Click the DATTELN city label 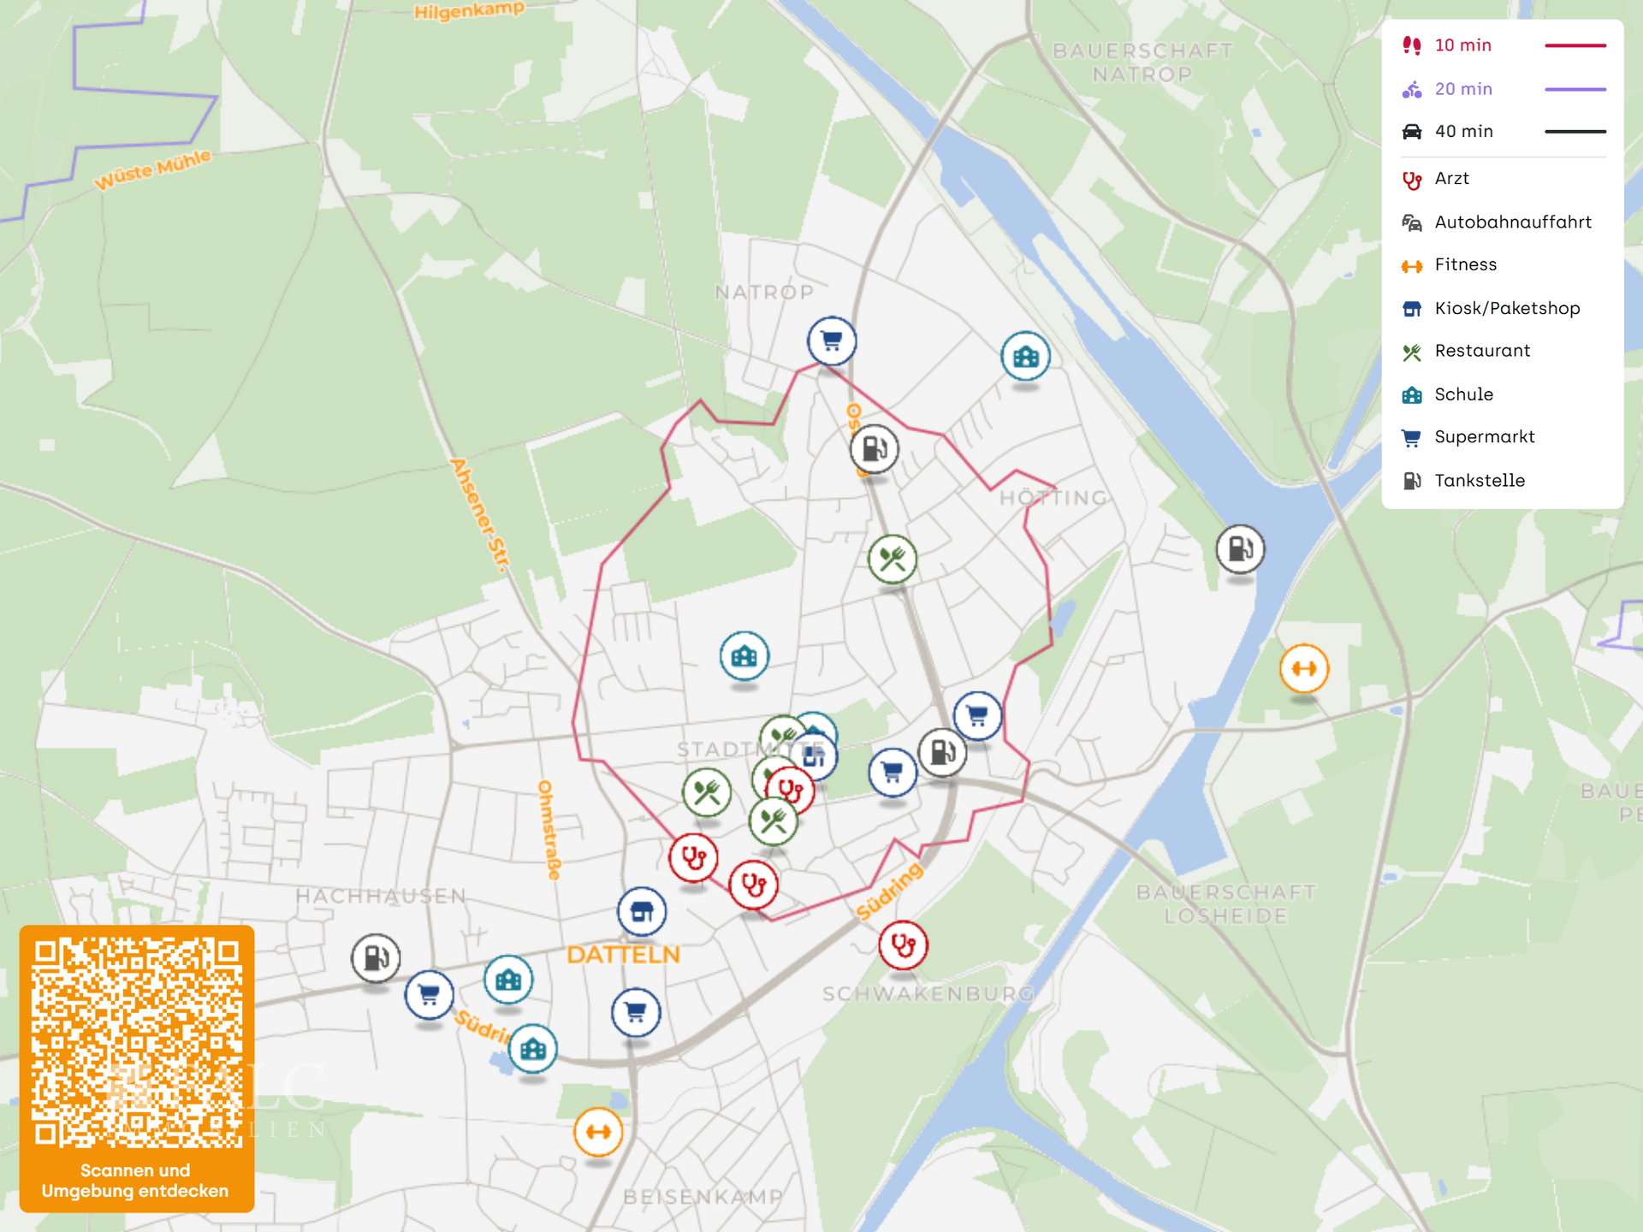(x=623, y=955)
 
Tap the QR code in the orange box (x=137, y=1042)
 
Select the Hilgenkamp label (x=469, y=10)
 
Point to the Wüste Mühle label (x=152, y=169)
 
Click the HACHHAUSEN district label (x=381, y=896)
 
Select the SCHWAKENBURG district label (x=928, y=994)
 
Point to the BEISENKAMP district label (x=703, y=1196)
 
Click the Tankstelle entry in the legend (x=1479, y=481)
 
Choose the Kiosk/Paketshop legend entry (x=1506, y=308)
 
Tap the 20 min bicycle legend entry (x=1462, y=89)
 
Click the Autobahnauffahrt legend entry (x=1512, y=222)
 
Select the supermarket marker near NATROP (x=831, y=341)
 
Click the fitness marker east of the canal (x=1303, y=668)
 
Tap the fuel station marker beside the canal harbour (x=1240, y=548)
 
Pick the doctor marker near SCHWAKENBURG (x=903, y=945)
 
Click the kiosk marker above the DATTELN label (x=642, y=912)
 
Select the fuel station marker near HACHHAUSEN (x=376, y=957)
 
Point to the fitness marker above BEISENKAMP (x=598, y=1132)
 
